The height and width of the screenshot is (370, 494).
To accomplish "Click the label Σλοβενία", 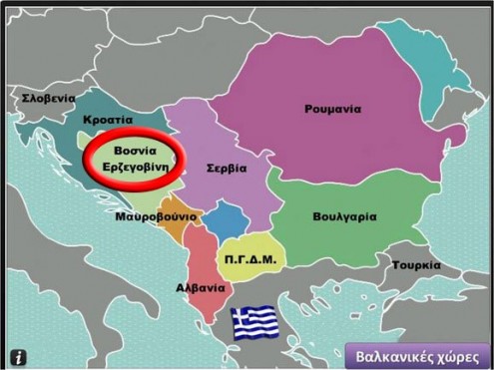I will point(50,99).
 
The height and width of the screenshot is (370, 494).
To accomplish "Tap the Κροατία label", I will point(109,119).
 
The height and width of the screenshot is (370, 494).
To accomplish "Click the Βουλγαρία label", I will point(343,215).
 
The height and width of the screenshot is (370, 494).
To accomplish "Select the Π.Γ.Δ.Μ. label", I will point(250,258).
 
